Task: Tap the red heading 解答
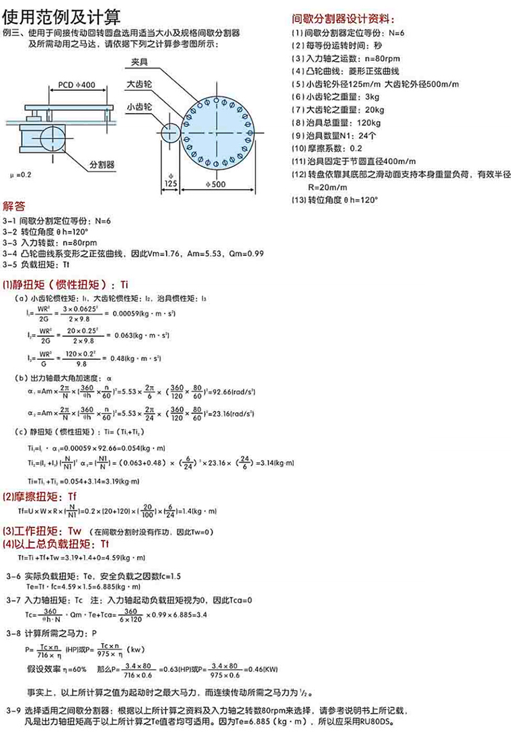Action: [x=14, y=206]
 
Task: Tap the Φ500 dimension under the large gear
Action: [x=215, y=184]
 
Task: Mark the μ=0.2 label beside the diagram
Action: [x=21, y=174]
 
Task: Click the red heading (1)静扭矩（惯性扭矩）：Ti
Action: [x=65, y=285]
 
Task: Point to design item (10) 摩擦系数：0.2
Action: [x=327, y=148]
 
